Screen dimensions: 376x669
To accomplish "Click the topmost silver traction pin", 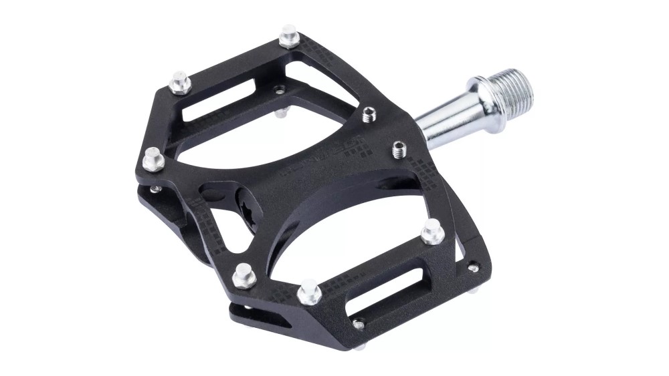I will (x=289, y=36).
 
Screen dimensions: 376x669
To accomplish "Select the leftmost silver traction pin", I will (x=153, y=158).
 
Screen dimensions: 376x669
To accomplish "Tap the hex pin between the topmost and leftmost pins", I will (x=179, y=83).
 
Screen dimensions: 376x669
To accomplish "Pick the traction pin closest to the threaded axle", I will (x=432, y=231).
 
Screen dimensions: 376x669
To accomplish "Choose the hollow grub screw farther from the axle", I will (x=369, y=116).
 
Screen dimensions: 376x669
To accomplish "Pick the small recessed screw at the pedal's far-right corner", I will (x=474, y=267).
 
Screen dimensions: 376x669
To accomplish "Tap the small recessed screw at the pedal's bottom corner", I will (x=359, y=325).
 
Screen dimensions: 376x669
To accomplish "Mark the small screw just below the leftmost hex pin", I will (x=155, y=189).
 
